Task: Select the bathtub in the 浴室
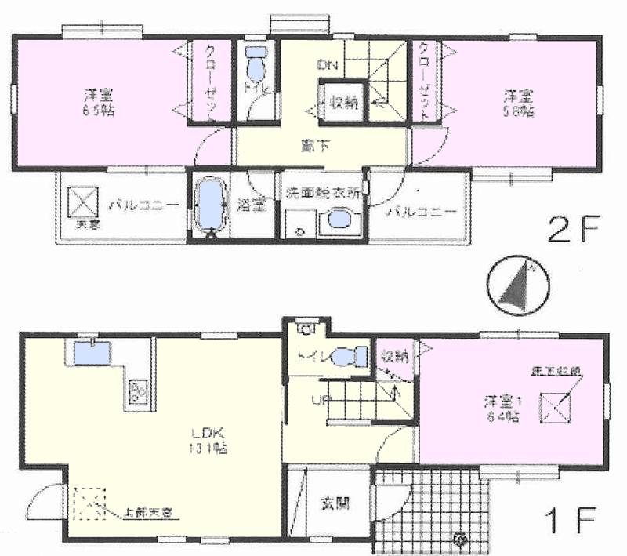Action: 209,205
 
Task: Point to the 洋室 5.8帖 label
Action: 518,103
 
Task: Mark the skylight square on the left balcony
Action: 82,202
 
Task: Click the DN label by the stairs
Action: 327,64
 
